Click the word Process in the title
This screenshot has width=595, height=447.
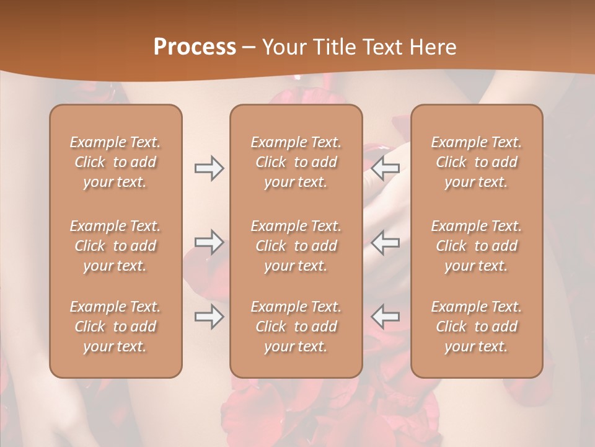coord(195,47)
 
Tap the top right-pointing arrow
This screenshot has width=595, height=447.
coord(209,168)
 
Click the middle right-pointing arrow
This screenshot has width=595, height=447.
coord(209,242)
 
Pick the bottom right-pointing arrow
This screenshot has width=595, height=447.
coord(209,317)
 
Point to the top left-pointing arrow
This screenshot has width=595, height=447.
coord(386,168)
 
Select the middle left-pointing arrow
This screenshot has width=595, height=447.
coord(386,242)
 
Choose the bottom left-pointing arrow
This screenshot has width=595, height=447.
coord(386,317)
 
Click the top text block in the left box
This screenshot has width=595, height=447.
coord(115,162)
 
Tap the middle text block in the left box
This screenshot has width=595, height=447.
coord(115,246)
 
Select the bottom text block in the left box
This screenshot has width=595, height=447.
coord(115,327)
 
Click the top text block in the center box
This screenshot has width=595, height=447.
coord(296,162)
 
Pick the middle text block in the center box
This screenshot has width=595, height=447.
coord(296,246)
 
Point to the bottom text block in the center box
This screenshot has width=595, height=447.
coord(296,327)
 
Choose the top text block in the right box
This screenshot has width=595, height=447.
coord(476,162)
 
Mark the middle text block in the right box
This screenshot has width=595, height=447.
coord(476,246)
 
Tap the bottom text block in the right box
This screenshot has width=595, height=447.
coord(476,327)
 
